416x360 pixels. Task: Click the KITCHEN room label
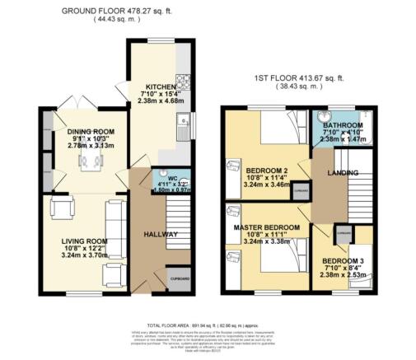[160, 86]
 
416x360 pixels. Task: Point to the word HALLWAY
[161, 235]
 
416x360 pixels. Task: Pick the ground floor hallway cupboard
[180, 280]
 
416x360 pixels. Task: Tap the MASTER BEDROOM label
[266, 227]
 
